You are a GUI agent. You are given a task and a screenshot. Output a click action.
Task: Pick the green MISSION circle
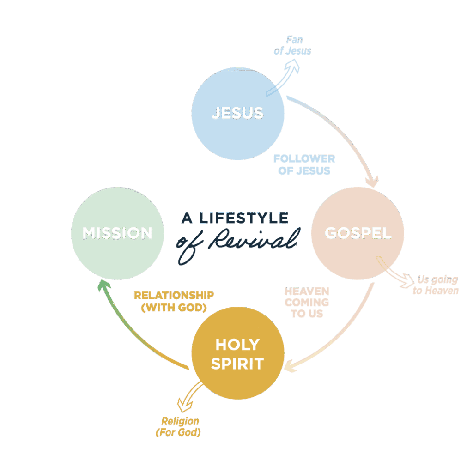pos(117,233)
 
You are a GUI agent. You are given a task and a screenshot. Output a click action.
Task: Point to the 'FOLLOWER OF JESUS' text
pos(304,164)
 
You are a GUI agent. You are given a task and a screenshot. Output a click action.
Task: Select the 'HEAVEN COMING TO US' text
pos(307,303)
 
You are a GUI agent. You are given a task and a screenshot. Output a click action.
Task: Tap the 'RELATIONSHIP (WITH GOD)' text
pos(174,301)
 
